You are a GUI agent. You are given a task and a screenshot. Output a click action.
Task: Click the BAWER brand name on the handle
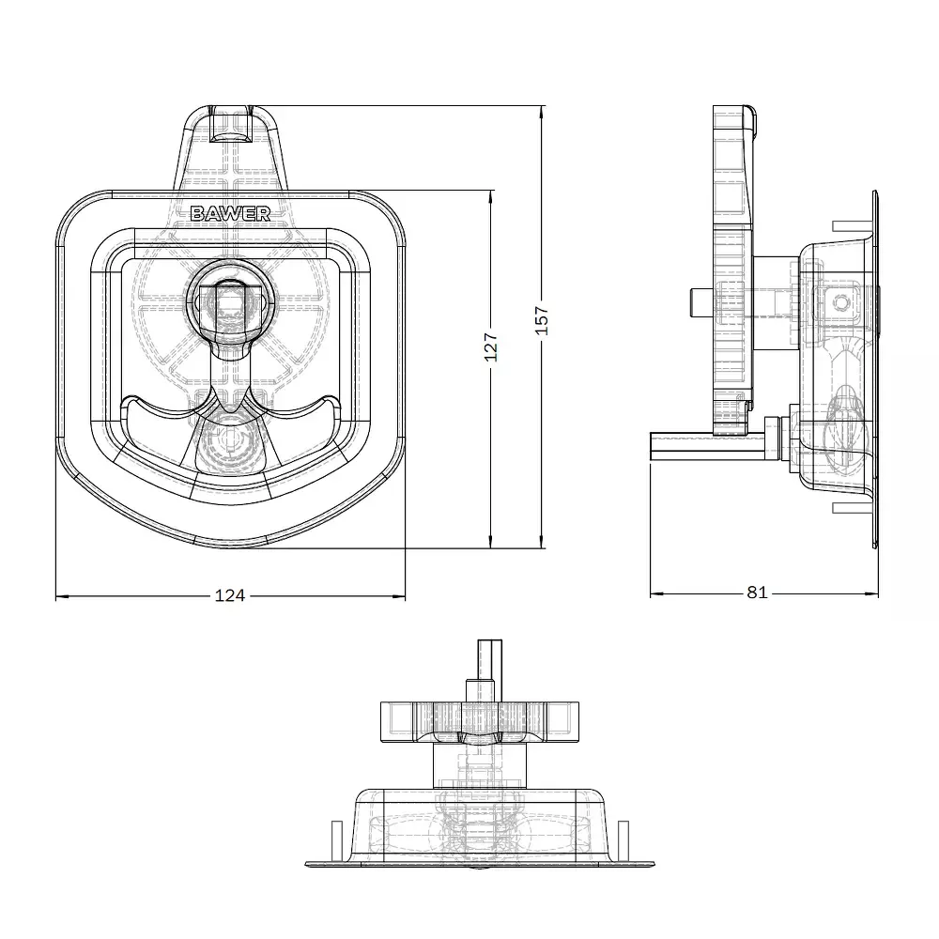click(x=231, y=213)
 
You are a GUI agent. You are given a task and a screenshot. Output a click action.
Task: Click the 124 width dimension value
click(x=230, y=595)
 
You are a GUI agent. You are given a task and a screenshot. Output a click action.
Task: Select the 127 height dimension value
click(x=490, y=347)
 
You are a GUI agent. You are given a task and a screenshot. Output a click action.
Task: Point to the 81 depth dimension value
click(x=757, y=593)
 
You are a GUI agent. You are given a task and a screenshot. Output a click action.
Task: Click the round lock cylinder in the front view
click(x=231, y=298)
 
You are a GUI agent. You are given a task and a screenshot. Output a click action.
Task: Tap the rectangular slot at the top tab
click(x=231, y=124)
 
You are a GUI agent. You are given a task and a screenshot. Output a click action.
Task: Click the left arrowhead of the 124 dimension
click(x=62, y=596)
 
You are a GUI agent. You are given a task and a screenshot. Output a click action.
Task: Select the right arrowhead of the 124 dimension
click(x=399, y=596)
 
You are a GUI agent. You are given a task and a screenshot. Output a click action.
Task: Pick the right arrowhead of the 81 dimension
click(x=872, y=594)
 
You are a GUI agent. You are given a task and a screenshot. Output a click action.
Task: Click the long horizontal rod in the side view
click(x=708, y=447)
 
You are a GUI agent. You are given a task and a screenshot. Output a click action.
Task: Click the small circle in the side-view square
click(x=841, y=303)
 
